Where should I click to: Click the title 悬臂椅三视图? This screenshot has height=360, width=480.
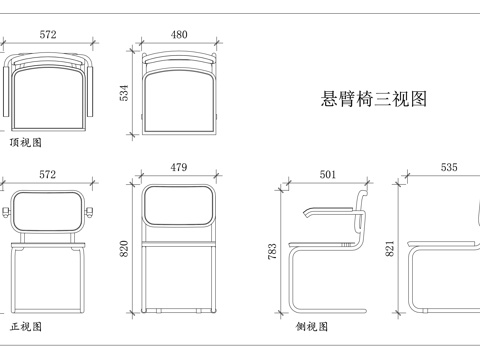pos(374,99)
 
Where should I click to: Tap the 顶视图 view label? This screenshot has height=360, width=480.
pos(26,143)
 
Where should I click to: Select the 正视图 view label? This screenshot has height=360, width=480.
pos(26,326)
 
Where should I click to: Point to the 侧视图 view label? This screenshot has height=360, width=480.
pos(312,326)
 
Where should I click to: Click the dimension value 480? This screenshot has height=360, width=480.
pos(179,35)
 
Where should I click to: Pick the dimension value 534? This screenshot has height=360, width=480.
pos(124,93)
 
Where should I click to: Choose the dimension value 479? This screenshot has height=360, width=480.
pos(179,167)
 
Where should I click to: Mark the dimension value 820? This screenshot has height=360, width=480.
pos(124,249)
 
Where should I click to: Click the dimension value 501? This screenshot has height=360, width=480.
pos(328,174)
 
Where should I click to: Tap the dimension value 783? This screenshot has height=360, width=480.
pos(272,251)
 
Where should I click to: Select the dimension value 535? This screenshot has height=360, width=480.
pos(449,167)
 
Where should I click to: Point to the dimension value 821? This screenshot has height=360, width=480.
pos(390,249)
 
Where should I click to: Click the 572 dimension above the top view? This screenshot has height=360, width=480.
pos(48,35)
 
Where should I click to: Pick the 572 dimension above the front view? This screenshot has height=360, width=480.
pos(48,174)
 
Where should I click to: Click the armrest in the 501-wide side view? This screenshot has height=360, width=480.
pos(328,210)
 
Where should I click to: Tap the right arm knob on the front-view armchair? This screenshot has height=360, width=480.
pos(89,212)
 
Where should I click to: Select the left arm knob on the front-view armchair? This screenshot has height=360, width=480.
pos(6,212)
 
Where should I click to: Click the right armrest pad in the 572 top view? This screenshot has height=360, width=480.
pos(90,91)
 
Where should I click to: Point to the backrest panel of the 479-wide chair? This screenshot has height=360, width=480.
pos(179,205)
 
